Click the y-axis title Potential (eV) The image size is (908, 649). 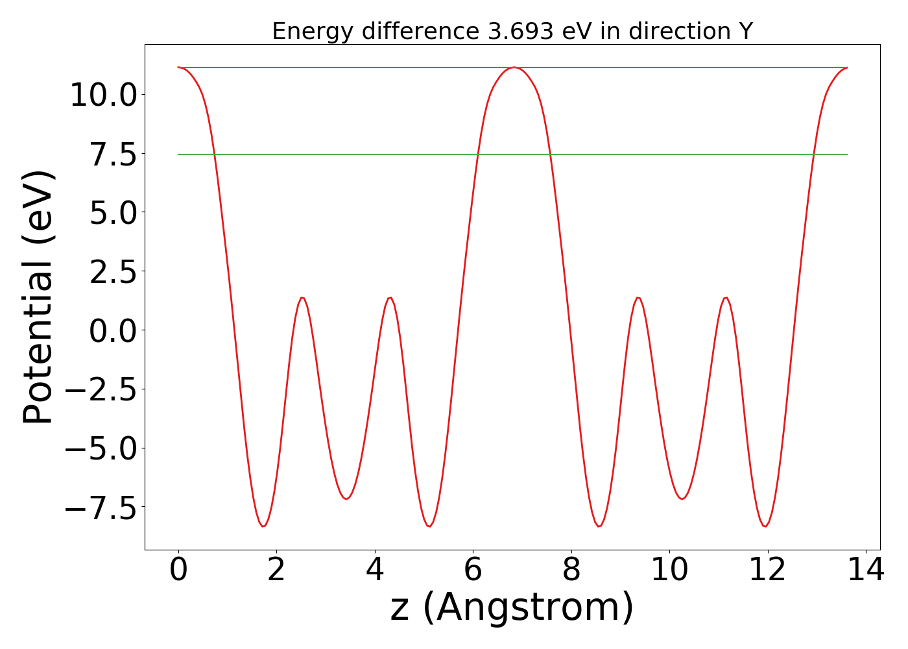click(x=38, y=297)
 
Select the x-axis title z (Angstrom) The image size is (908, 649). click(x=512, y=607)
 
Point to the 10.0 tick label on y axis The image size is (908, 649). click(x=102, y=95)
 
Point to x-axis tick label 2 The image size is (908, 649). click(x=276, y=570)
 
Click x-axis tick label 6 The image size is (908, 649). click(x=473, y=570)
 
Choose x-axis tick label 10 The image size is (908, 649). click(x=669, y=570)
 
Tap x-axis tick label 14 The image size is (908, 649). click(x=866, y=570)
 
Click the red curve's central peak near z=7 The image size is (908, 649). click(x=514, y=67)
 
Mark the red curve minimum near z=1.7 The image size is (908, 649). click(x=263, y=526)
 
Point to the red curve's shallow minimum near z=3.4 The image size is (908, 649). click(x=346, y=499)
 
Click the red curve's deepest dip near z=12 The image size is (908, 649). click(x=765, y=526)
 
